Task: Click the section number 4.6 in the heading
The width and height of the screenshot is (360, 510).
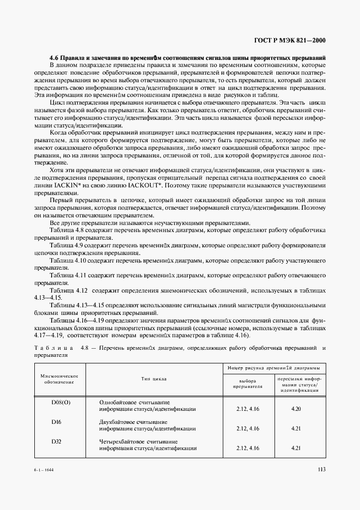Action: pos(54,57)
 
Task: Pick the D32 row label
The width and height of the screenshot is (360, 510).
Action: pos(56,441)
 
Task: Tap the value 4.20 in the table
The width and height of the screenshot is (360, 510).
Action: pos(296,409)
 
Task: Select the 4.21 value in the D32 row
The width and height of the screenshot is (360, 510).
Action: pos(296,448)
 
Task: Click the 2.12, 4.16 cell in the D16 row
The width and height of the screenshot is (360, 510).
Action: pos(248,428)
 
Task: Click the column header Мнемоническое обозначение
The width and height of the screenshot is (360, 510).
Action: pos(59,379)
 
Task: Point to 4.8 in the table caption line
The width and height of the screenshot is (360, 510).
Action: pos(85,347)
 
